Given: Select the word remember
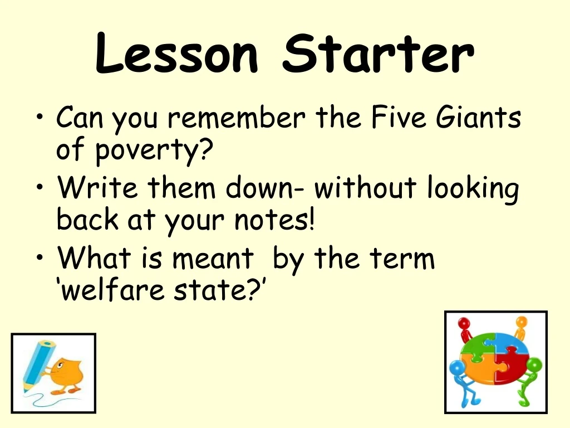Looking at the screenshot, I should coord(236,119).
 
